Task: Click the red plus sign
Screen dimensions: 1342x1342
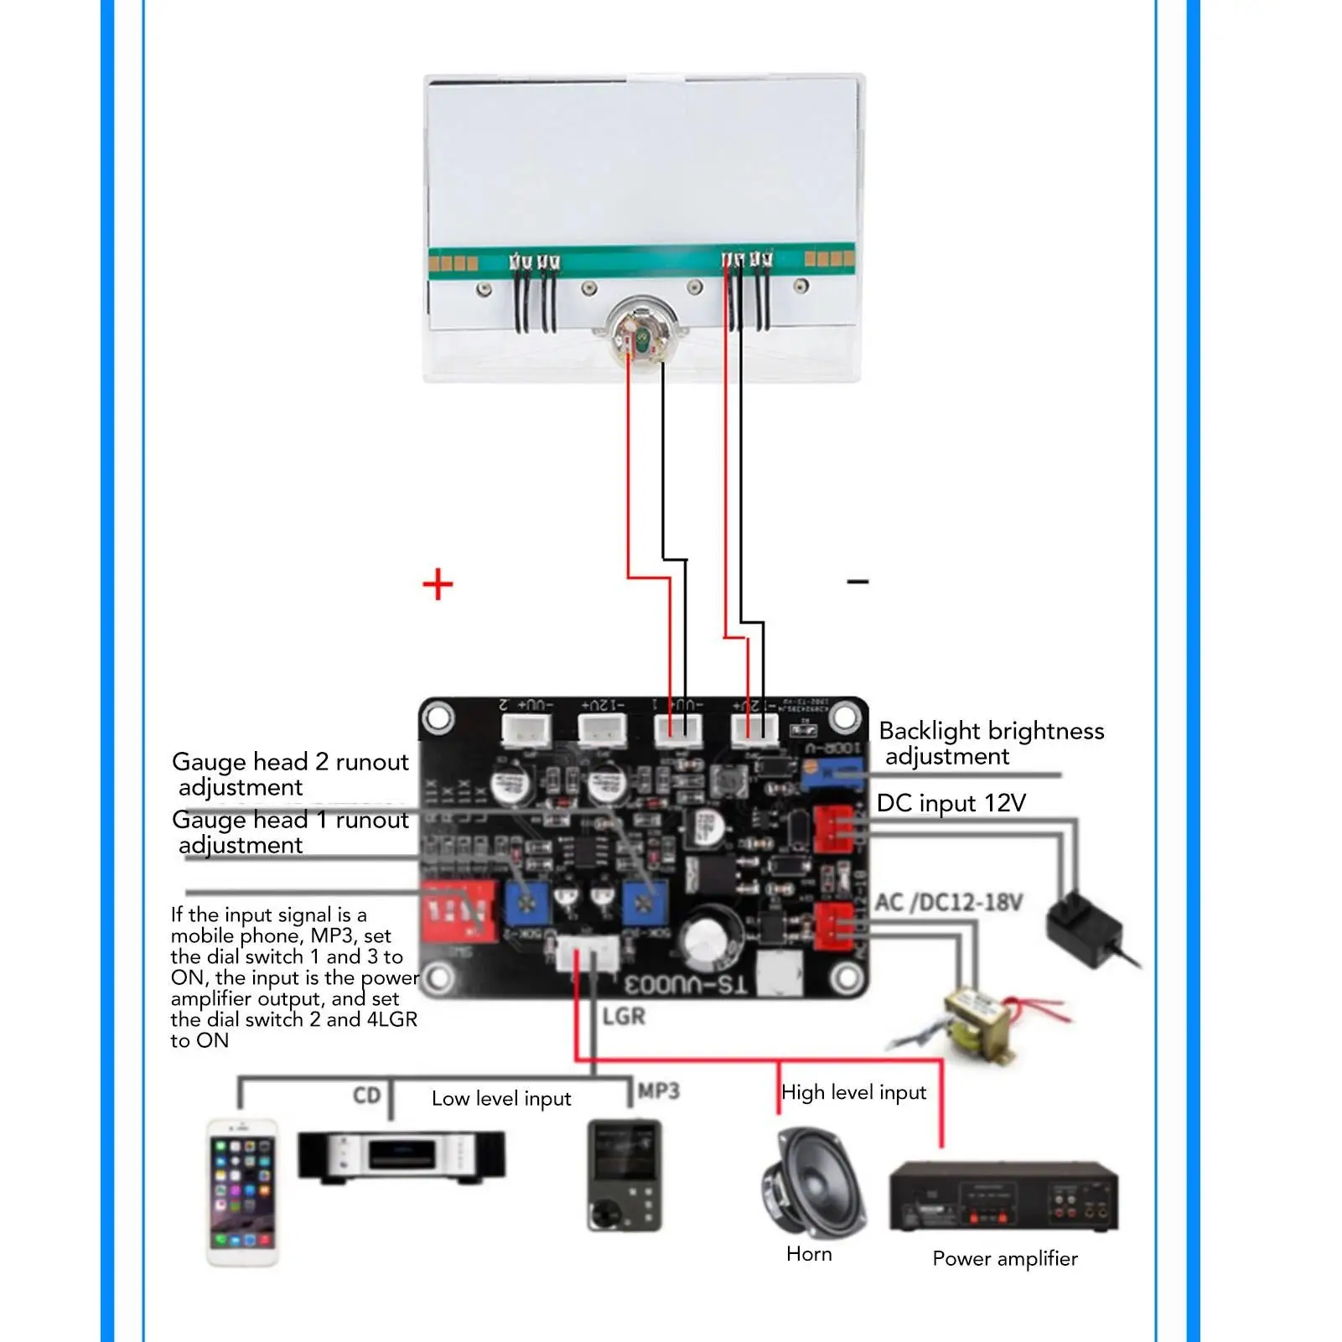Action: [x=438, y=584]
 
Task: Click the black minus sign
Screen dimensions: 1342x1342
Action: [x=858, y=581]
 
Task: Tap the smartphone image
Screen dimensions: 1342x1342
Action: [x=242, y=1192]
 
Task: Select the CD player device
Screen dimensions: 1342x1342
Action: [x=402, y=1157]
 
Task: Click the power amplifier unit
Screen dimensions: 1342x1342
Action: [x=1003, y=1196]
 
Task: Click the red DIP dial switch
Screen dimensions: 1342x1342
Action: [x=458, y=910]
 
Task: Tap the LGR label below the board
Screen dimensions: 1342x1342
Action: [x=624, y=1017]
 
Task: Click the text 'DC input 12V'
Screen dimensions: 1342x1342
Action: [x=951, y=803]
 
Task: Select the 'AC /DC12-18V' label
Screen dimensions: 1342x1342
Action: [x=948, y=903]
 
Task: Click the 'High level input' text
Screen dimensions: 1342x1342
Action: [x=853, y=1092]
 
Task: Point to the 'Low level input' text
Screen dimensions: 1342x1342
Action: [x=501, y=1098]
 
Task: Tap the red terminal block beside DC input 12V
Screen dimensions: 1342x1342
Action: [x=832, y=827]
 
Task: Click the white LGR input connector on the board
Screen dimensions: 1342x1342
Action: [x=588, y=953]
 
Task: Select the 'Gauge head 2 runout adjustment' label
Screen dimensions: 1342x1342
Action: [x=289, y=774]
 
